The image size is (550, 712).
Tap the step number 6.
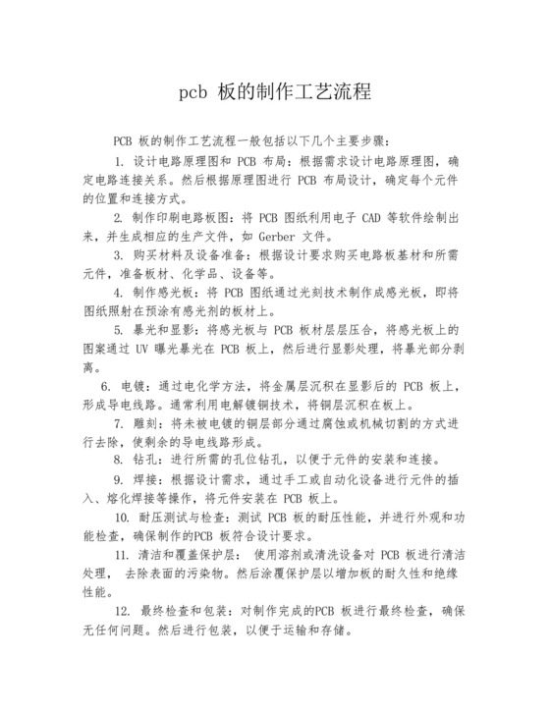pyautogui.click(x=106, y=387)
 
